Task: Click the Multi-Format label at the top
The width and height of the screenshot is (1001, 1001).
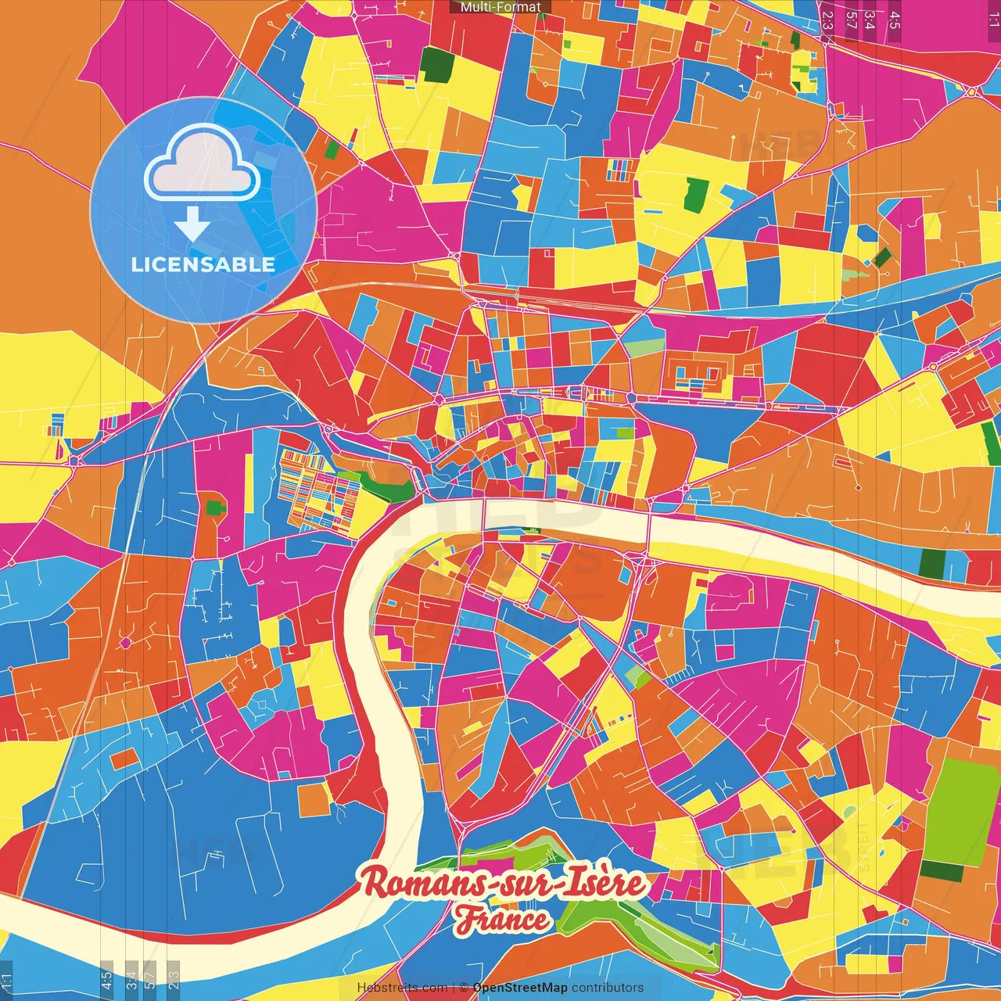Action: pyautogui.click(x=500, y=7)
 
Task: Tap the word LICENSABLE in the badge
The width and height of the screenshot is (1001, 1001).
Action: pyautogui.click(x=203, y=264)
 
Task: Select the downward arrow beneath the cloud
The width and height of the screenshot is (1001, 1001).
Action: pyautogui.click(x=192, y=224)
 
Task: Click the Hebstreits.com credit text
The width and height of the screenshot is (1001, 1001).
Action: pyautogui.click(x=402, y=988)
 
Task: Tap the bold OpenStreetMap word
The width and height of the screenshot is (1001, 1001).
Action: pyautogui.click(x=520, y=988)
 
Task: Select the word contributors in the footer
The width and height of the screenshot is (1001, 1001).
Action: pyautogui.click(x=608, y=988)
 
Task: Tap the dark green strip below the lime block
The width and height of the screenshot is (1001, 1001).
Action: pyautogui.click(x=942, y=870)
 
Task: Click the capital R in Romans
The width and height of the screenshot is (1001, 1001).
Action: pyautogui.click(x=376, y=883)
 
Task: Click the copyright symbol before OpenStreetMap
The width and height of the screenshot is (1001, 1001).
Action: pyautogui.click(x=463, y=988)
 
